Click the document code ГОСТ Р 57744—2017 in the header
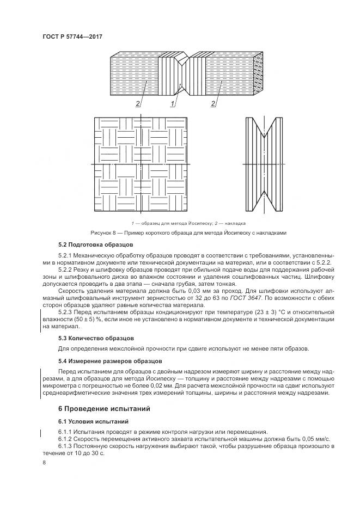[x=72, y=36]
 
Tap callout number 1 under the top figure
[x=173, y=103]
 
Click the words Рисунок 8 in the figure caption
[x=103, y=232]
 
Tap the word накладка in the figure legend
[x=235, y=223]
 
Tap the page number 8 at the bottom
[x=44, y=462]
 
